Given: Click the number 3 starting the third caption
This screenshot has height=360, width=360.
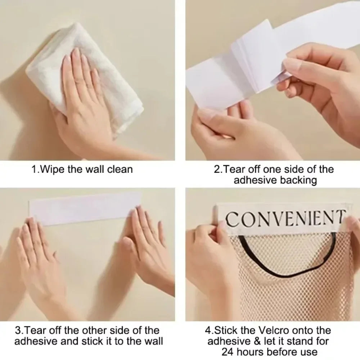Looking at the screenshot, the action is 18,330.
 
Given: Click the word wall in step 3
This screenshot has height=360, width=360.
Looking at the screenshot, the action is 154,341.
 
